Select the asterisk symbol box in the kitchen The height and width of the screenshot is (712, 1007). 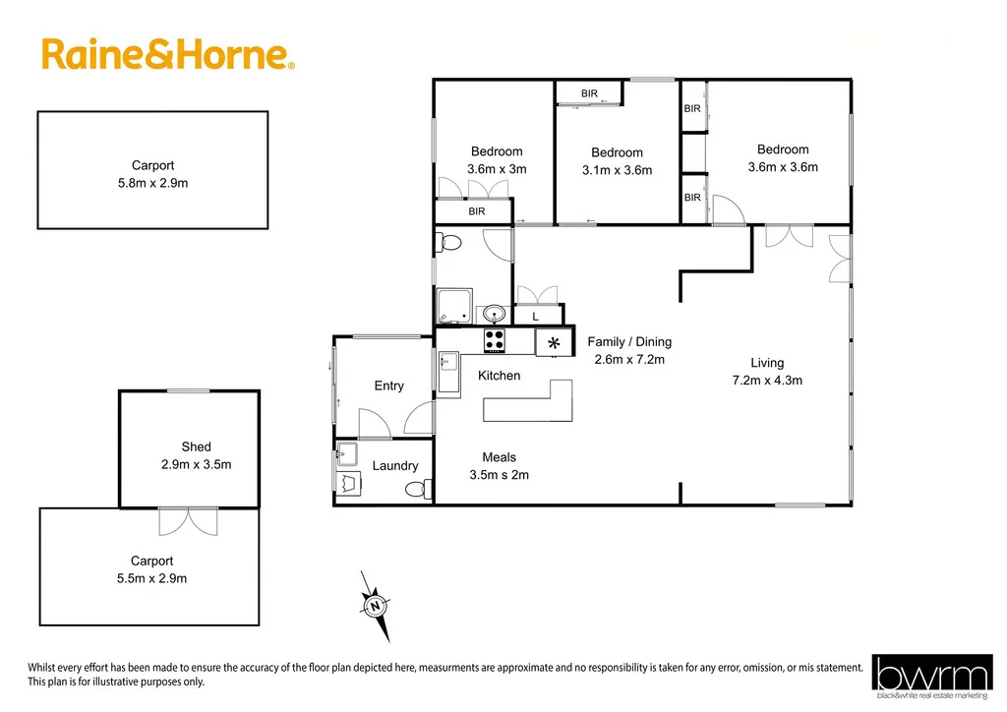coord(554,342)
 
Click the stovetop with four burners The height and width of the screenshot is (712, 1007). coord(495,340)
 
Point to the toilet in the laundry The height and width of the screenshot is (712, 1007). coord(418,488)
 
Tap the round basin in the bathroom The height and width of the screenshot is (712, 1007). coord(494,314)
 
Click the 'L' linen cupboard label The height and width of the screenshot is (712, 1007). coord(535,317)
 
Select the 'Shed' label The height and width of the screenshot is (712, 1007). coord(196,446)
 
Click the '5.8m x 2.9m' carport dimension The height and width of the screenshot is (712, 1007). coord(152,183)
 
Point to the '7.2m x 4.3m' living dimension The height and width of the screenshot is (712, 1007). coord(767,380)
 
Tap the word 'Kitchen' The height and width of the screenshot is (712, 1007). coord(499,376)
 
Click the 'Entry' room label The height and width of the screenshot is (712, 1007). coord(388,386)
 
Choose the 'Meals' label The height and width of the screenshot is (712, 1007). coord(499,457)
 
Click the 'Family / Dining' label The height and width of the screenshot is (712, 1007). coord(629,342)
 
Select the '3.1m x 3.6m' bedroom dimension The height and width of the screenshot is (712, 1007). coord(617,170)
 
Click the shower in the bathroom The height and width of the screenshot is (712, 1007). coord(454,306)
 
